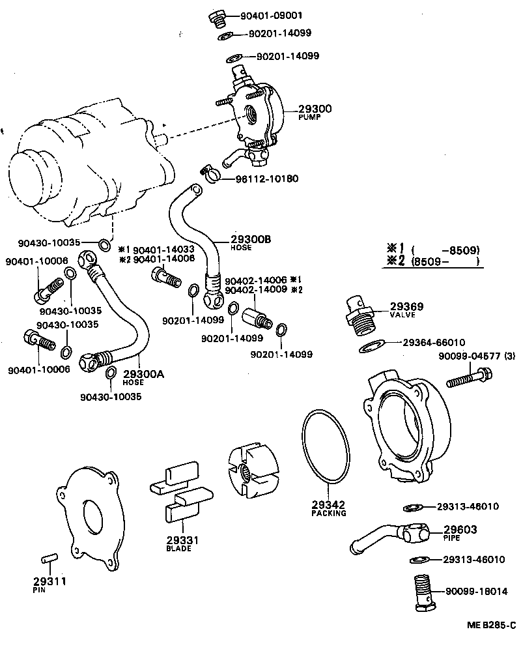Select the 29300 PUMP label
[315, 112]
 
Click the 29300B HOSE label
[250, 242]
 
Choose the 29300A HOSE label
[143, 377]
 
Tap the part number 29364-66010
[434, 342]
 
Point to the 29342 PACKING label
[328, 508]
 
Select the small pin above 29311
[49, 558]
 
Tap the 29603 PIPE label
[460, 533]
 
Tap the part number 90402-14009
[256, 289]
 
